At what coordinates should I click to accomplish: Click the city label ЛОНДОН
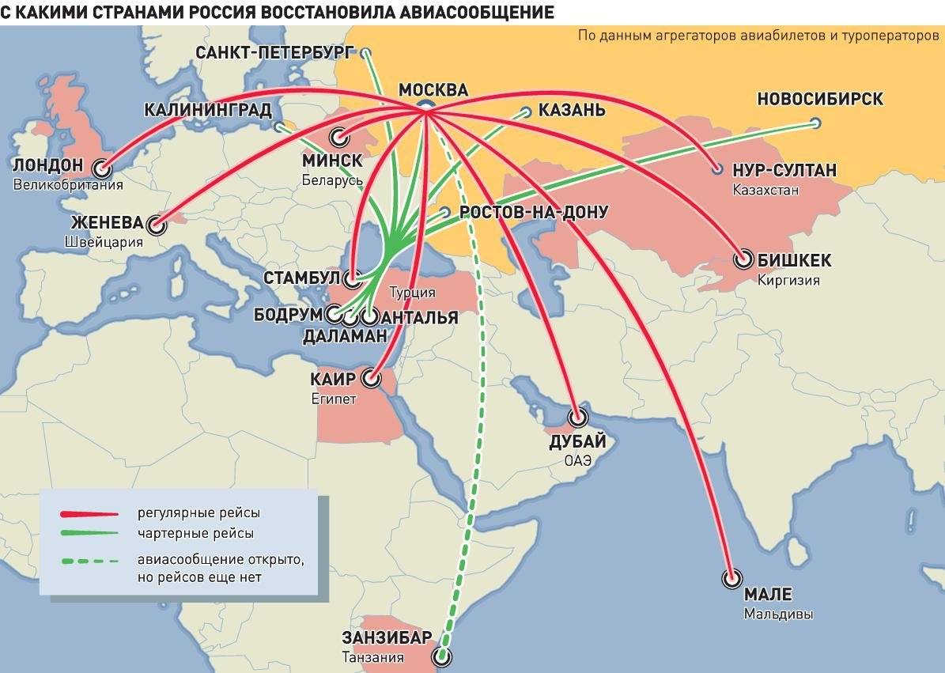48,165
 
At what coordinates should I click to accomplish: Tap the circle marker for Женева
157,226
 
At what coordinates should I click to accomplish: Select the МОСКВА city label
433,90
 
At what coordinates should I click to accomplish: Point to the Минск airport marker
339,137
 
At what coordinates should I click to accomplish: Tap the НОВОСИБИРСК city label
820,100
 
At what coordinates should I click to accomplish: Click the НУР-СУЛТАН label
784,171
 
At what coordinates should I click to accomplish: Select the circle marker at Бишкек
743,259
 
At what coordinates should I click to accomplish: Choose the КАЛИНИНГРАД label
208,110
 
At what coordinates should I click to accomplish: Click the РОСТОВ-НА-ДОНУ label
534,212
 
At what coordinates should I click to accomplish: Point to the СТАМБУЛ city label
301,278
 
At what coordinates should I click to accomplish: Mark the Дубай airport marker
579,417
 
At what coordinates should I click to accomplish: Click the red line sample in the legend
89,513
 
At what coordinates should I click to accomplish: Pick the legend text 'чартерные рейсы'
195,533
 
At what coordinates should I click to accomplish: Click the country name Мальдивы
777,614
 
